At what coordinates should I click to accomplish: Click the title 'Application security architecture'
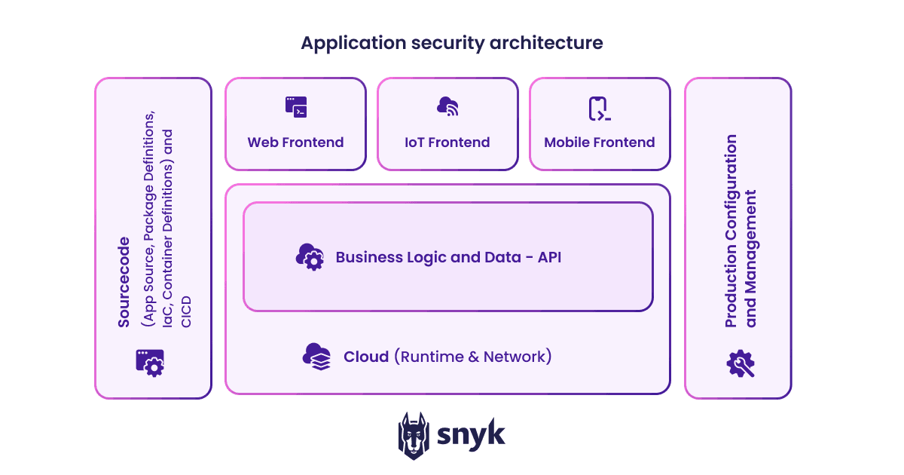[451, 43]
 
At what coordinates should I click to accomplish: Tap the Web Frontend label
[295, 142]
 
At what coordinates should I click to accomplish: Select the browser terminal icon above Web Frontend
[296, 107]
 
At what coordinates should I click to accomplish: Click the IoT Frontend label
[447, 142]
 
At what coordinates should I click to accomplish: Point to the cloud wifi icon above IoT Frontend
[447, 107]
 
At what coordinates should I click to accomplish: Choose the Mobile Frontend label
[600, 142]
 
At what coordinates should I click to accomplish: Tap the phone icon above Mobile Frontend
[599, 109]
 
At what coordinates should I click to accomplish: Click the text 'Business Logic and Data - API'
[448, 257]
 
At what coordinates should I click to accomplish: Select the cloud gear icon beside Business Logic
[310, 257]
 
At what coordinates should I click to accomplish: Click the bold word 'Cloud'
[366, 357]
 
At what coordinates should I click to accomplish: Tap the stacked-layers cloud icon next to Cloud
[316, 356]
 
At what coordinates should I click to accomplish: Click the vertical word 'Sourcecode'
[124, 282]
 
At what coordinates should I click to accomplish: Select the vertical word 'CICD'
[186, 312]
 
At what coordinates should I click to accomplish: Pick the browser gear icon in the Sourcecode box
[150, 362]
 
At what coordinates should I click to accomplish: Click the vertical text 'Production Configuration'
[731, 231]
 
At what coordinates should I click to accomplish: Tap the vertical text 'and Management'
[750, 259]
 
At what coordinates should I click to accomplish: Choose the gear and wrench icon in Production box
[741, 363]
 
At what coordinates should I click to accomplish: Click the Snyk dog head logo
[414, 436]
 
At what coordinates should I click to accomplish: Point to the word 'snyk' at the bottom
[472, 436]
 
